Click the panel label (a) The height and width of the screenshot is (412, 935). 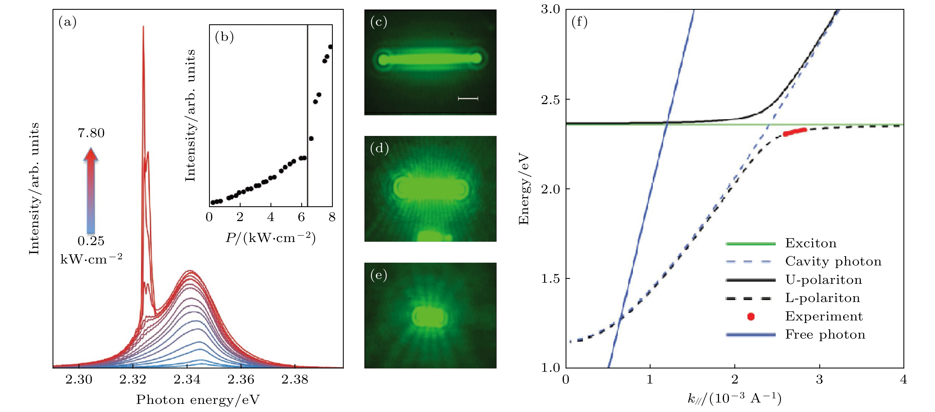click(x=68, y=23)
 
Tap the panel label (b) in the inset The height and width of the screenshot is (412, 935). click(x=224, y=37)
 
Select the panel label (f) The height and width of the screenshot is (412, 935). click(x=579, y=22)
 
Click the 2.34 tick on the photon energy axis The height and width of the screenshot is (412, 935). click(x=187, y=379)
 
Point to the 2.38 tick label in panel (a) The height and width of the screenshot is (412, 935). click(x=295, y=379)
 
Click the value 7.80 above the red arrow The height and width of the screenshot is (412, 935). click(x=91, y=133)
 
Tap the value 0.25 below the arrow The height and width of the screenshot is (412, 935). click(x=91, y=241)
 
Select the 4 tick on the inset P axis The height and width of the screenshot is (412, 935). click(x=271, y=217)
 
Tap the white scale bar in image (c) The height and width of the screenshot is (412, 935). click(x=468, y=98)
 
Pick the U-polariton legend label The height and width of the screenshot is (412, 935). click(x=824, y=280)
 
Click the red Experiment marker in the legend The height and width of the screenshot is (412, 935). click(x=751, y=317)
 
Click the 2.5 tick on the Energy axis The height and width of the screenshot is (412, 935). click(x=550, y=99)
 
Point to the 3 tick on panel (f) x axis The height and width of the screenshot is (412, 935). click(x=819, y=380)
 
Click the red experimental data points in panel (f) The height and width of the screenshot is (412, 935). click(x=795, y=132)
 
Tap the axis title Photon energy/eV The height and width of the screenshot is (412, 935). click(x=198, y=400)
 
